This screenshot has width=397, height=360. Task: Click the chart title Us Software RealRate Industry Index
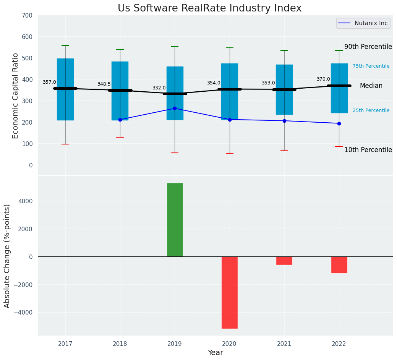point(209,8)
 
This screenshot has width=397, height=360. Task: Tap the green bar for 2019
point(175,220)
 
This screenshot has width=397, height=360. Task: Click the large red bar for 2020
point(230,292)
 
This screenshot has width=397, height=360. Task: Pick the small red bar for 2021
point(284,261)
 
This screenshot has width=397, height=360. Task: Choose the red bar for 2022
point(339,265)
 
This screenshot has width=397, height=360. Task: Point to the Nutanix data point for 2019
point(175,108)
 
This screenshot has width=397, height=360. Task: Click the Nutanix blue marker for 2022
point(339,123)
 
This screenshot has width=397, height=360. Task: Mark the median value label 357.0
point(49,82)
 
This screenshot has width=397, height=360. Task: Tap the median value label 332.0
point(159,88)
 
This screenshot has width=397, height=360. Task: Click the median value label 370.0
point(323,79)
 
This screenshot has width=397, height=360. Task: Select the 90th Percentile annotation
point(368,47)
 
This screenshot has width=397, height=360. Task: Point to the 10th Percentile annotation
point(368,150)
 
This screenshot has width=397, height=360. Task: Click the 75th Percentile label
point(371,66)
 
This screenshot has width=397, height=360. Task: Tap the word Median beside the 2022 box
point(371,86)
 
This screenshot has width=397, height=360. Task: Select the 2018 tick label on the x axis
point(120,344)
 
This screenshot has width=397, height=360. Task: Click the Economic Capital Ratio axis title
point(16,96)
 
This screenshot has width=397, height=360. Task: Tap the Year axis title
point(216,353)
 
